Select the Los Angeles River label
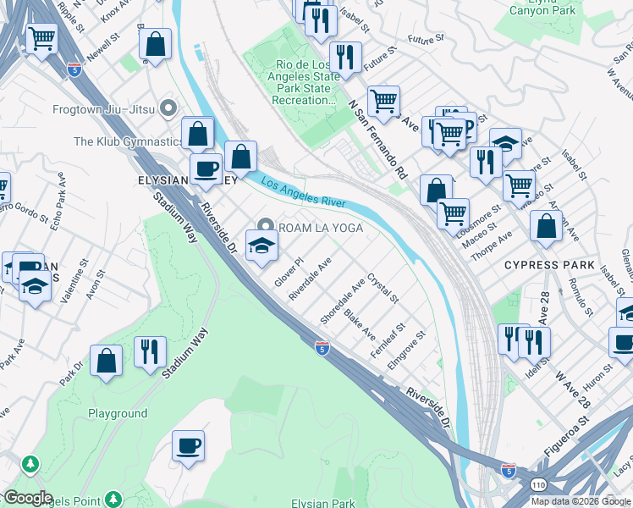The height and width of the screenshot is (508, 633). tap(303, 191)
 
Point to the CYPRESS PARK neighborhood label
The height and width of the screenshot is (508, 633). tap(548, 265)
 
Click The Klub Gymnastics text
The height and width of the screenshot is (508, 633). tap(129, 141)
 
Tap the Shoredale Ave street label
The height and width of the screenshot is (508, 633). tap(342, 300)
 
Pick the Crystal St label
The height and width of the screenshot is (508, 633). tap(383, 288)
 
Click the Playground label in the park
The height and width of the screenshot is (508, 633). tap(118, 414)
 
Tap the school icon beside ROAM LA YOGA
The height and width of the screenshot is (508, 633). tap(261, 246)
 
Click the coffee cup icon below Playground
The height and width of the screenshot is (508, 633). tap(188, 445)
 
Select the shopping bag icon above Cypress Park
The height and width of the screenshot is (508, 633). tap(546, 227)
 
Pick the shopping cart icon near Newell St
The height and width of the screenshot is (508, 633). tap(41, 38)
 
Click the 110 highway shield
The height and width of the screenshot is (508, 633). tap(515, 485)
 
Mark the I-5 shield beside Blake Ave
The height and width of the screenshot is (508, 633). tap(322, 347)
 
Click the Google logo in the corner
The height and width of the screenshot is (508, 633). tap(28, 498)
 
